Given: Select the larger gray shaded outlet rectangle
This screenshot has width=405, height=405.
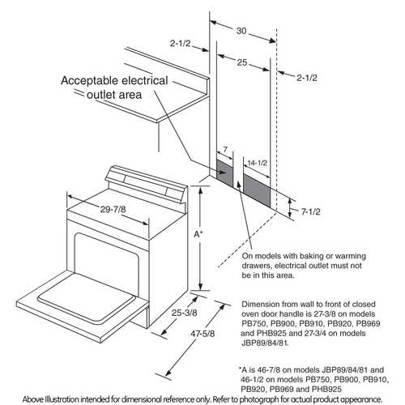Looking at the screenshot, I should tap(259, 192).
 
